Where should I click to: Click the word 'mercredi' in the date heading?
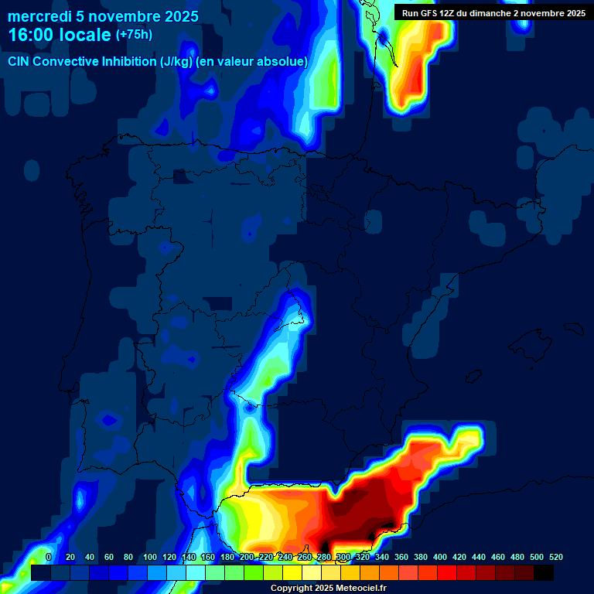pyautogui.click(x=40, y=16)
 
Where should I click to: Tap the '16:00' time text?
pyautogui.click(x=32, y=35)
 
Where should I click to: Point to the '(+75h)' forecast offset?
pyautogui.click(x=134, y=34)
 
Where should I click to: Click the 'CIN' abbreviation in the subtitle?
pyautogui.click(x=19, y=61)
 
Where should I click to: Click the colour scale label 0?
pyautogui.click(x=49, y=557)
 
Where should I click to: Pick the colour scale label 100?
pyautogui.click(x=150, y=557)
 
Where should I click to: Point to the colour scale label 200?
pyautogui.click(x=247, y=557)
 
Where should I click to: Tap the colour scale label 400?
pyautogui.click(x=440, y=557)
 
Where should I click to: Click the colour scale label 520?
pyautogui.click(x=556, y=557)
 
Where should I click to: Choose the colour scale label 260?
pyautogui.click(x=305, y=557)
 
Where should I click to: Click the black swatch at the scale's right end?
pyautogui.click(x=544, y=572)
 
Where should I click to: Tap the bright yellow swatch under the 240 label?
pyautogui.click(x=292, y=572)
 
